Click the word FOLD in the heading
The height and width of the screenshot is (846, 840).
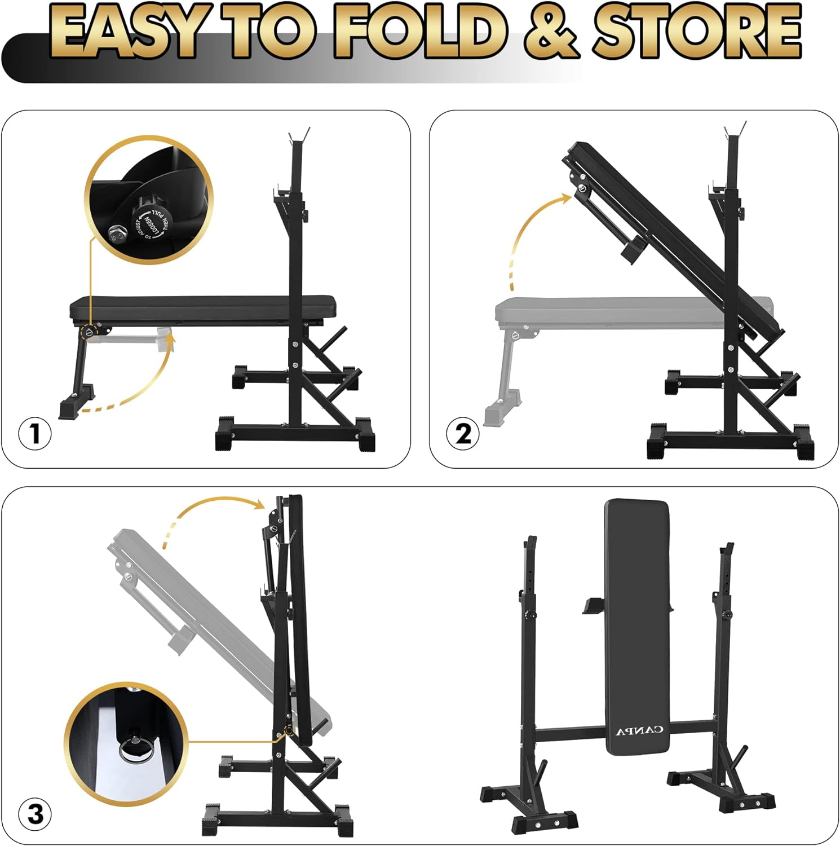(x=419, y=33)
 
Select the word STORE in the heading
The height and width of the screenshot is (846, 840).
(x=696, y=33)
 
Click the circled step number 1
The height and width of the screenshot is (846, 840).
(x=35, y=434)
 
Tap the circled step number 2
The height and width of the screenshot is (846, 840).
(x=463, y=434)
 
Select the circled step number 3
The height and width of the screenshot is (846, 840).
(x=35, y=814)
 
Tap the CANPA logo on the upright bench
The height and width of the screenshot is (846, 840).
(x=639, y=731)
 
